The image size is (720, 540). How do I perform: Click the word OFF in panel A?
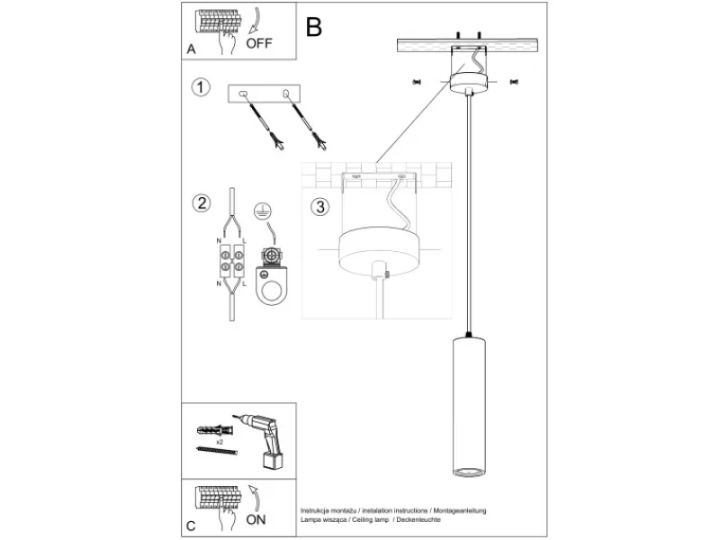(x=259, y=43)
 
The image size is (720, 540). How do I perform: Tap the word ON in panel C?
(x=256, y=519)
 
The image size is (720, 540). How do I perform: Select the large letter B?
(x=313, y=27)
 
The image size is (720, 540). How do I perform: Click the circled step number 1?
(x=201, y=86)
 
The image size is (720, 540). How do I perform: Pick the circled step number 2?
(x=202, y=203)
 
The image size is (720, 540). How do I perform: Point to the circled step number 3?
(x=320, y=206)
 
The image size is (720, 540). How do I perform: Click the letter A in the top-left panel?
(x=191, y=49)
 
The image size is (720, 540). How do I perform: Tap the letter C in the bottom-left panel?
(x=191, y=526)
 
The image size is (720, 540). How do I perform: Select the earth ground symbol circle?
(x=263, y=211)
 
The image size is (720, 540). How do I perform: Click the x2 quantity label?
(x=220, y=442)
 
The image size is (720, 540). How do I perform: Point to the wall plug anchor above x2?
(x=215, y=431)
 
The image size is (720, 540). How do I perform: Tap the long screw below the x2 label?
(x=217, y=451)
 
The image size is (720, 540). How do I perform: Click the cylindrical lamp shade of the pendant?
(x=468, y=407)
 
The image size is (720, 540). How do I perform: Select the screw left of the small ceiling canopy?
(x=417, y=82)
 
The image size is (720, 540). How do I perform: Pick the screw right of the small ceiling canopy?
(x=514, y=82)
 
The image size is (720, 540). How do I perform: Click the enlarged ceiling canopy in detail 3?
(x=376, y=251)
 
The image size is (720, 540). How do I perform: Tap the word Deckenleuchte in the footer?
(x=418, y=519)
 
